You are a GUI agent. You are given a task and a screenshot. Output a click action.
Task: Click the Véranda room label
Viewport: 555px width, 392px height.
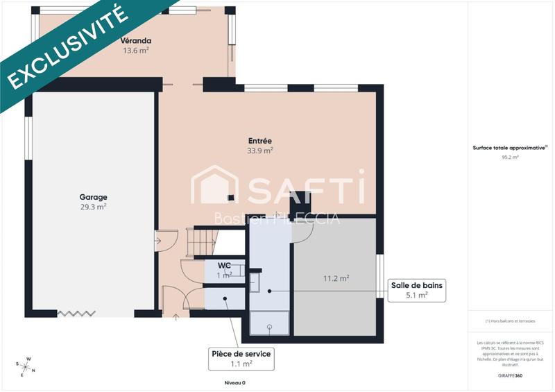pyautogui.click(x=136, y=40)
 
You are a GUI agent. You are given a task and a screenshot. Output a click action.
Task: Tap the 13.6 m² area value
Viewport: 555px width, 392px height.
pyautogui.click(x=136, y=51)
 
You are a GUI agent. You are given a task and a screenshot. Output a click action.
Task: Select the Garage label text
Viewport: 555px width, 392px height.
pyautogui.click(x=93, y=197)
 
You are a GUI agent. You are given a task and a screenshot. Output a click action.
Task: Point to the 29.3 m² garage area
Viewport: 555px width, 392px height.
pyautogui.click(x=93, y=207)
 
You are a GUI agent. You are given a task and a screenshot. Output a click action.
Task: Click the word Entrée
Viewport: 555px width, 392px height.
pyautogui.click(x=260, y=140)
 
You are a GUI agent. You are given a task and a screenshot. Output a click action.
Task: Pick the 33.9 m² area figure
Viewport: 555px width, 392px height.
pyautogui.click(x=260, y=150)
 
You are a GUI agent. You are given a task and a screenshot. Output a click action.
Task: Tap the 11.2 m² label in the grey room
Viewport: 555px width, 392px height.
pyautogui.click(x=336, y=279)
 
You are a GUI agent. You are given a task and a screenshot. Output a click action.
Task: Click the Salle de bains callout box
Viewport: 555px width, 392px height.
pyautogui.click(x=416, y=290)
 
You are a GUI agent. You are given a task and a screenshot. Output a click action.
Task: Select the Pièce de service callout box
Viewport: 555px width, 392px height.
pyautogui.click(x=241, y=358)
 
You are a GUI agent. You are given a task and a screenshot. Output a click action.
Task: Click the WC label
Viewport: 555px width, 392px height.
pyautogui.click(x=224, y=266)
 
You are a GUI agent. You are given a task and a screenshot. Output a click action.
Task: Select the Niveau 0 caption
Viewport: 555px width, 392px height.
pyautogui.click(x=234, y=382)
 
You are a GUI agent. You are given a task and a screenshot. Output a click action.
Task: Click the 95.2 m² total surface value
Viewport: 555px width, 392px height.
pyautogui.click(x=510, y=157)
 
